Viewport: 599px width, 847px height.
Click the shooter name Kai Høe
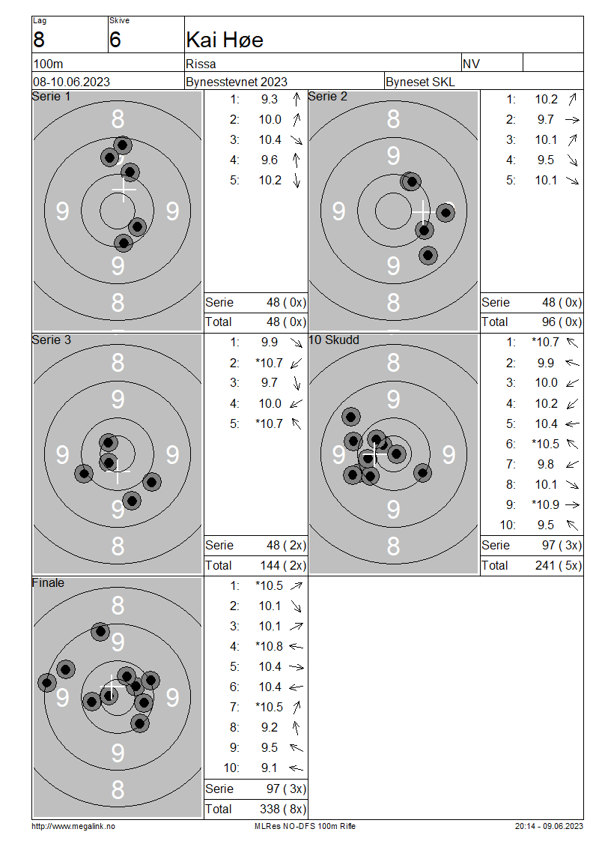tap(225, 40)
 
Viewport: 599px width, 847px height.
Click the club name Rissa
tap(201, 64)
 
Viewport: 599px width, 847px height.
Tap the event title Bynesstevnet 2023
tap(237, 82)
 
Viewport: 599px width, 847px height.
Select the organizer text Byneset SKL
tap(420, 82)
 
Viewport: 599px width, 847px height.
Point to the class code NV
tap(471, 64)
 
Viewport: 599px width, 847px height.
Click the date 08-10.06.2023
tap(71, 82)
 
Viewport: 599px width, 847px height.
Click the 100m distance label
tap(48, 64)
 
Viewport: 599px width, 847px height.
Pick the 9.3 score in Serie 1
tap(270, 100)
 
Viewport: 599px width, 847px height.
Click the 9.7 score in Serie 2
tap(546, 119)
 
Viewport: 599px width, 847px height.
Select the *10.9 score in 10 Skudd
tap(545, 504)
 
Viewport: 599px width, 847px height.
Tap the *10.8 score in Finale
tap(269, 647)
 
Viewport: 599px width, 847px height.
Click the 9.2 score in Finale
tap(270, 728)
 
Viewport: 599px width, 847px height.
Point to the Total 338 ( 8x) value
tap(283, 810)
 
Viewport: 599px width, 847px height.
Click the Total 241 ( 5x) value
tap(559, 566)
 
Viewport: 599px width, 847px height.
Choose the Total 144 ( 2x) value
tap(283, 566)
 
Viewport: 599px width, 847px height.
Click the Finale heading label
tap(48, 583)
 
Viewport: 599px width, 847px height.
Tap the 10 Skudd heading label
tap(333, 340)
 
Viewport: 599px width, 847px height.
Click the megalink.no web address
tap(73, 827)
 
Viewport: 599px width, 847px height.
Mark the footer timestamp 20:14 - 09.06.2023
tap(549, 827)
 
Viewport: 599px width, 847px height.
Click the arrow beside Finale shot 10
tap(296, 768)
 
